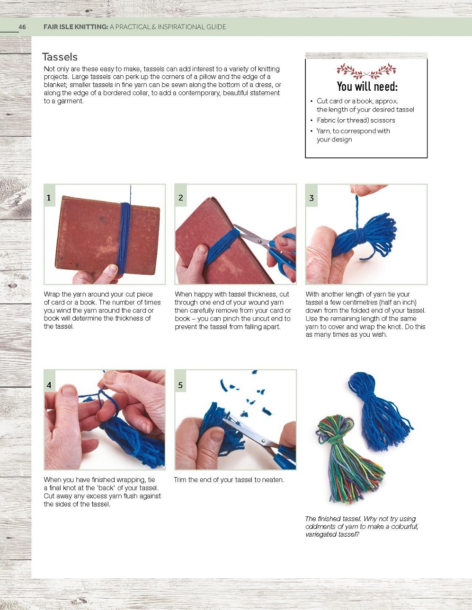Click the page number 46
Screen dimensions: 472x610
pos(22,27)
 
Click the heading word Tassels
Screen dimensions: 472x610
pos(60,57)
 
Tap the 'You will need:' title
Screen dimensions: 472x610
pos(367,87)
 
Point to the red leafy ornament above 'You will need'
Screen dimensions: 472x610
pos(366,71)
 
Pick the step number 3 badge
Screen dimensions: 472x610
pos(312,198)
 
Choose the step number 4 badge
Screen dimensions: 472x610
pos(49,385)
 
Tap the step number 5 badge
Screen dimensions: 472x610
pos(180,385)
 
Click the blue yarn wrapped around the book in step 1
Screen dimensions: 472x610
pos(124,237)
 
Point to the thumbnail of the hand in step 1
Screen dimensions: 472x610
pos(113,269)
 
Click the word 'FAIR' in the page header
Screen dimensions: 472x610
pos(52,27)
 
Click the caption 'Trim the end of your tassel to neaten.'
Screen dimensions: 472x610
pos(229,480)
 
